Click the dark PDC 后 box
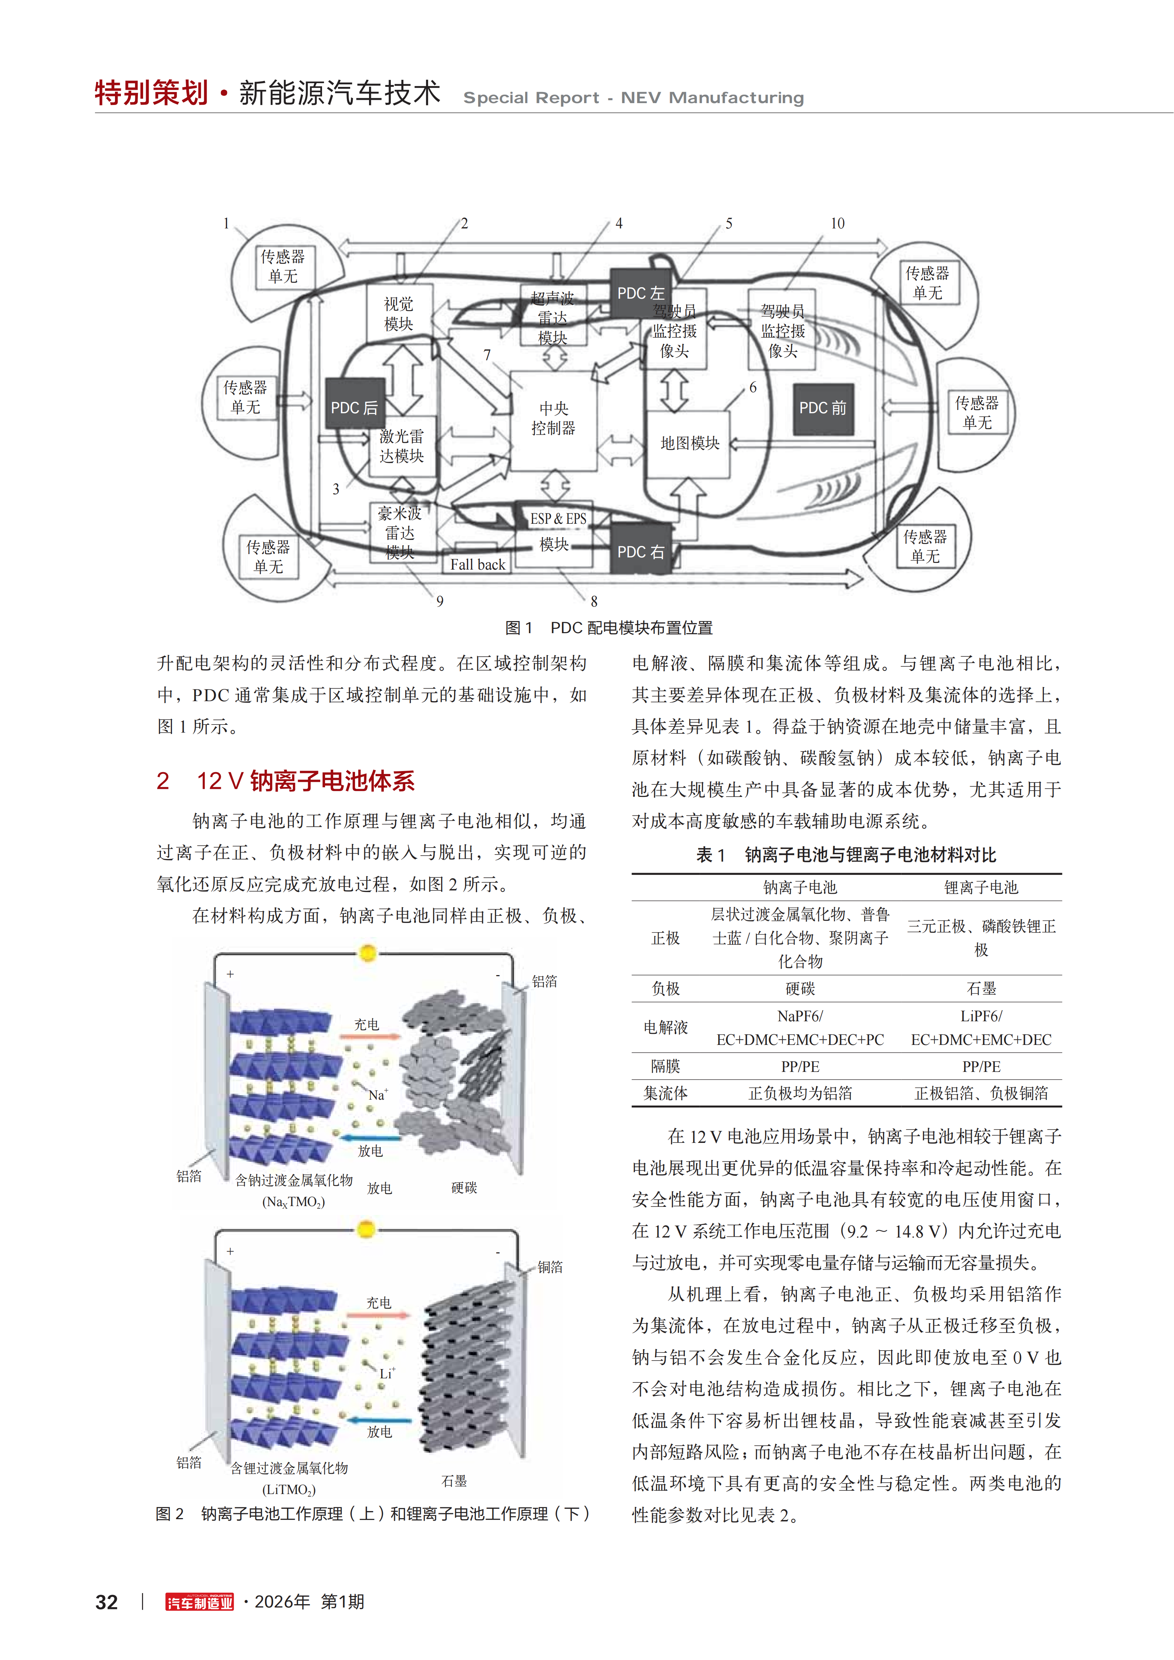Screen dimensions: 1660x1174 pos(355,408)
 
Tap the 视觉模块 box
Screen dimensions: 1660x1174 pos(399,314)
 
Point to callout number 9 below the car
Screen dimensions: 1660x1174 pos(440,601)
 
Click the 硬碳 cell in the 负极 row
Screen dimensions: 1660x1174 pos(800,988)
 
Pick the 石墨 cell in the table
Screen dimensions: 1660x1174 pos(981,988)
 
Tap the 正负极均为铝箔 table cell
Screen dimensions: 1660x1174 pos(800,1093)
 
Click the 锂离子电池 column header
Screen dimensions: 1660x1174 pos(981,887)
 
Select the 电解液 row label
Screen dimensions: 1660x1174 pos(666,1027)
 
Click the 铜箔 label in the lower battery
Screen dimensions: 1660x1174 pos(550,1267)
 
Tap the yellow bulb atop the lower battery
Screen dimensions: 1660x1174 pos(367,1229)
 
